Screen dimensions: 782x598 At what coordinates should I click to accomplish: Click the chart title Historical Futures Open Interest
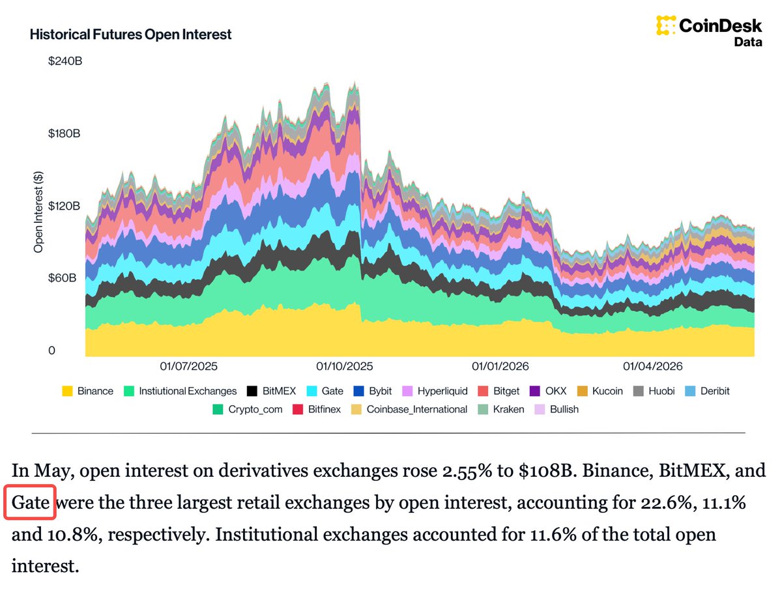pyautogui.click(x=130, y=35)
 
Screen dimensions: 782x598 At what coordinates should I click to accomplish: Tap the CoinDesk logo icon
pyautogui.click(x=665, y=25)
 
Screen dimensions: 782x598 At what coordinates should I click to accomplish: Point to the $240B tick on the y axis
pyautogui.click(x=65, y=61)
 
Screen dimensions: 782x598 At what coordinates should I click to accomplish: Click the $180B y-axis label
pyautogui.click(x=64, y=134)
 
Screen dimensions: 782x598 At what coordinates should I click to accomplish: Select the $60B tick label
pyautogui.click(x=62, y=278)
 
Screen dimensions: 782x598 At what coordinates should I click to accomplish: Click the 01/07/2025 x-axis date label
pyautogui.click(x=188, y=367)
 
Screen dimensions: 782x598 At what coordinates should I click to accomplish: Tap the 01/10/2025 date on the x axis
pyautogui.click(x=345, y=367)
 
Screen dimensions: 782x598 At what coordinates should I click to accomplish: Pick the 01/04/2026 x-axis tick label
pyautogui.click(x=653, y=367)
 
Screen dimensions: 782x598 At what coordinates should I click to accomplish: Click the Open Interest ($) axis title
pyautogui.click(x=38, y=212)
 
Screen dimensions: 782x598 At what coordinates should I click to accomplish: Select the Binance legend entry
pyautogui.click(x=87, y=391)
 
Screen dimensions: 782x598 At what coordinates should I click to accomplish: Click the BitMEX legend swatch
pyautogui.click(x=252, y=391)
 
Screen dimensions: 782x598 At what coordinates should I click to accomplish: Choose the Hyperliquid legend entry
pyautogui.click(x=435, y=391)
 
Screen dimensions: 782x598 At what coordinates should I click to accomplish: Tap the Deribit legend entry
pyautogui.click(x=707, y=391)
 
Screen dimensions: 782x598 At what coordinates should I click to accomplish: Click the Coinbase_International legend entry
pyautogui.click(x=409, y=410)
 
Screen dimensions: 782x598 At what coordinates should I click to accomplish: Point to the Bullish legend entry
pyautogui.click(x=557, y=410)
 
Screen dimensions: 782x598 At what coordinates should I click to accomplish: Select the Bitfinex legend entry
pyautogui.click(x=317, y=410)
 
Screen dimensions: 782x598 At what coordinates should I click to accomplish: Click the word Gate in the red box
pyautogui.click(x=30, y=502)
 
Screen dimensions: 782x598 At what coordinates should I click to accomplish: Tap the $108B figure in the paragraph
pyautogui.click(x=547, y=470)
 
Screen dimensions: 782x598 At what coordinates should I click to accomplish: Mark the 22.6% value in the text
pyautogui.click(x=669, y=502)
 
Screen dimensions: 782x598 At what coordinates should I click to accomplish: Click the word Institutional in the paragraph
pyautogui.click(x=267, y=534)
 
